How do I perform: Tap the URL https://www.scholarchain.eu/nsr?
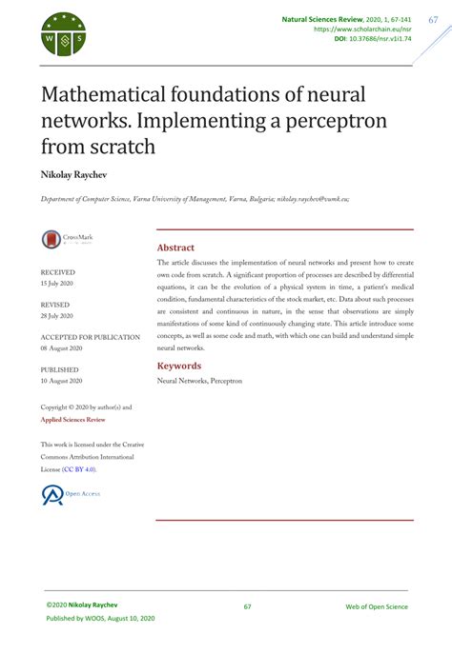pos(361,30)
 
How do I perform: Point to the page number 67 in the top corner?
pos(432,18)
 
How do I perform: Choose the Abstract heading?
pos(175,247)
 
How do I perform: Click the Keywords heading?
pos(179,366)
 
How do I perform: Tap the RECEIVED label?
pos(57,272)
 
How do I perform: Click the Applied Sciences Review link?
pos(72,420)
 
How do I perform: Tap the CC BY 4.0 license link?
pos(79,469)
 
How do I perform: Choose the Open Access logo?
pos(69,494)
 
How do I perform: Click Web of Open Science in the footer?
pos(376,606)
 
